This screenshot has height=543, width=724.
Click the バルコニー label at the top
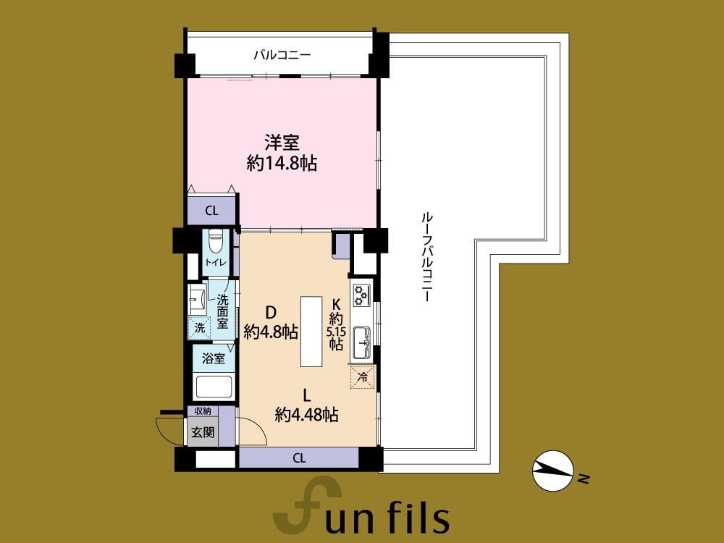(282, 56)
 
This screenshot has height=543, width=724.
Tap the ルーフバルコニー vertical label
(426, 257)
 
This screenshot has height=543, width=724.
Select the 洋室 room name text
(282, 143)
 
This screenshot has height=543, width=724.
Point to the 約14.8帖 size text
(282, 163)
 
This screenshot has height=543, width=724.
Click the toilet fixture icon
(216, 241)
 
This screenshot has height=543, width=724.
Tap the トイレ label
(216, 263)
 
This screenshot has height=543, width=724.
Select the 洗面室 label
(223, 311)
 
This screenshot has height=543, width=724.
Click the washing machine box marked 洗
(200, 328)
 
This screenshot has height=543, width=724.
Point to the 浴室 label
(214, 358)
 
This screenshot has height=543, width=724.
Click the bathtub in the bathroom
(214, 387)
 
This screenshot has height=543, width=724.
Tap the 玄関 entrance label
(203, 433)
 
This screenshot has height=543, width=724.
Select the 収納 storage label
(203, 411)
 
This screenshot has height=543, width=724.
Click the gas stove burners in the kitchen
(361, 295)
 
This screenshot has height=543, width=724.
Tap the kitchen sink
(361, 343)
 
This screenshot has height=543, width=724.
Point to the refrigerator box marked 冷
(363, 376)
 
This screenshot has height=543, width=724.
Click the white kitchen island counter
(311, 332)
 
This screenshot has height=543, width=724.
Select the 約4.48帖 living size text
(306, 415)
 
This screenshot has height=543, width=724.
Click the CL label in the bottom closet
(299, 458)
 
